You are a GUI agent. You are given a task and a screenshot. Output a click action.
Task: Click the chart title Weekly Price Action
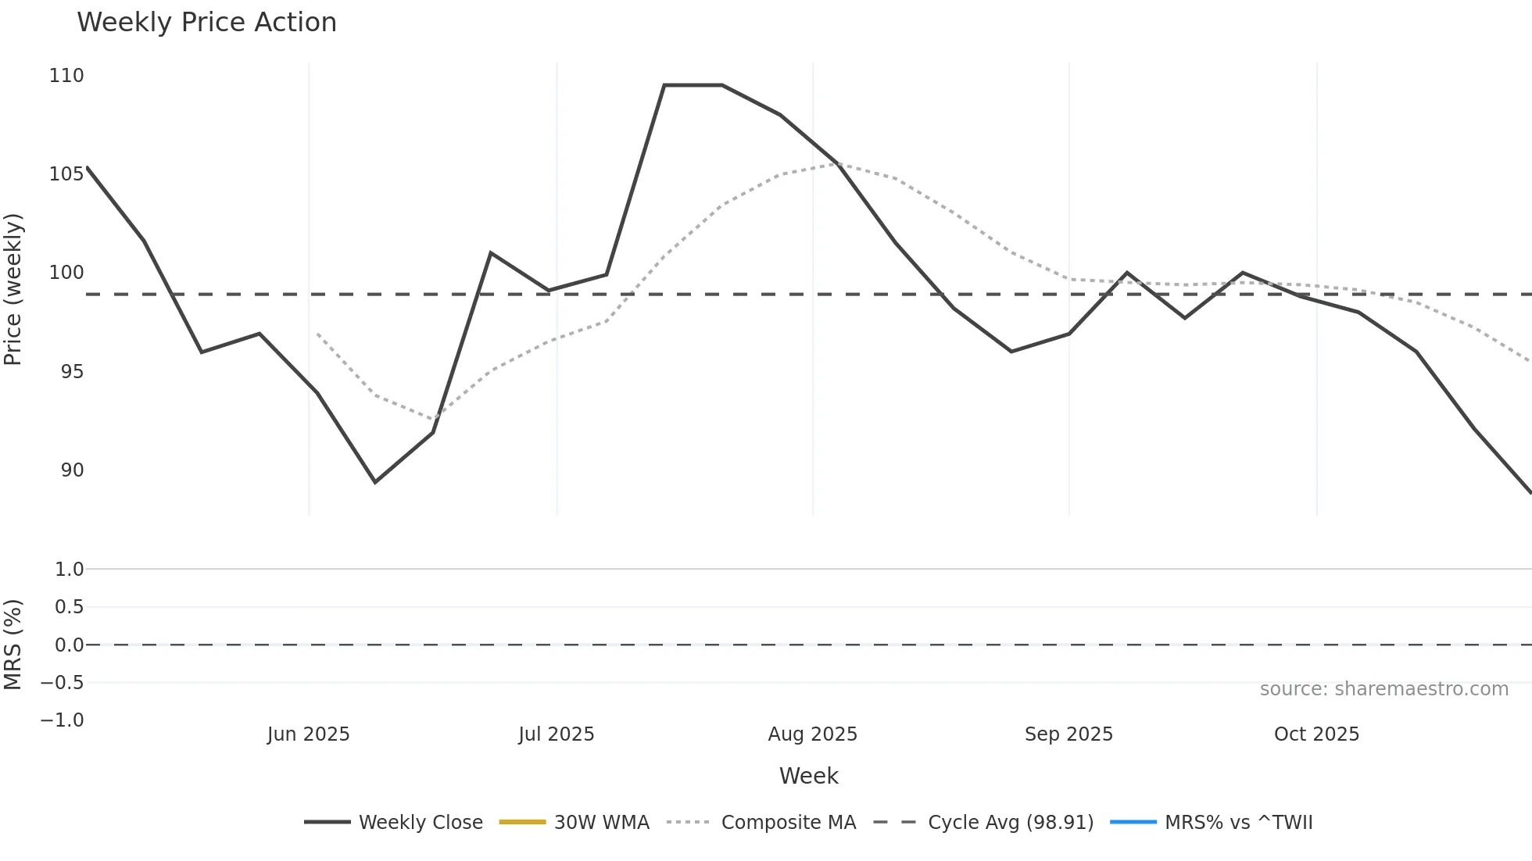pos(206,23)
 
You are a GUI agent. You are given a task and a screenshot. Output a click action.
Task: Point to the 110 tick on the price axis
pos(66,76)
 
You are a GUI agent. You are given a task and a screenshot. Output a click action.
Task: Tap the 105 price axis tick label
pos(66,174)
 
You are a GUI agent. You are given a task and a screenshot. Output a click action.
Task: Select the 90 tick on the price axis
pos(72,470)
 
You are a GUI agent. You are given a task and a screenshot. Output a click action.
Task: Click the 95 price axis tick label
pos(72,372)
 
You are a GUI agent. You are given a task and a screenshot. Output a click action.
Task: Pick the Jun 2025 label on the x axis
pos(308,734)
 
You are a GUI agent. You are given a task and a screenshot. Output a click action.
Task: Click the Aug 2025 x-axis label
pos(812,734)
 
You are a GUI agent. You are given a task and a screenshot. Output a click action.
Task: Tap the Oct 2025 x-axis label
pos(1316,734)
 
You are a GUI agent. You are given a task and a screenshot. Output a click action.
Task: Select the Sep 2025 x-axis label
pos(1068,734)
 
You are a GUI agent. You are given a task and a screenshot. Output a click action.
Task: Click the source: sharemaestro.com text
pos(1383,689)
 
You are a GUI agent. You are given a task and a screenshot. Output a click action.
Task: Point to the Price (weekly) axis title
pos(13,289)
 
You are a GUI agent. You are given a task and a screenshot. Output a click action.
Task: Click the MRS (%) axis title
pos(13,645)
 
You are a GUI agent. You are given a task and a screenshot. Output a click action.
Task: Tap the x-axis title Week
pos(808,776)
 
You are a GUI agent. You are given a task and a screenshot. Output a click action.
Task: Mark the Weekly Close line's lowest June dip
pos(375,482)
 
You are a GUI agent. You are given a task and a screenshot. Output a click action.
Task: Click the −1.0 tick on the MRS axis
pos(63,720)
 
